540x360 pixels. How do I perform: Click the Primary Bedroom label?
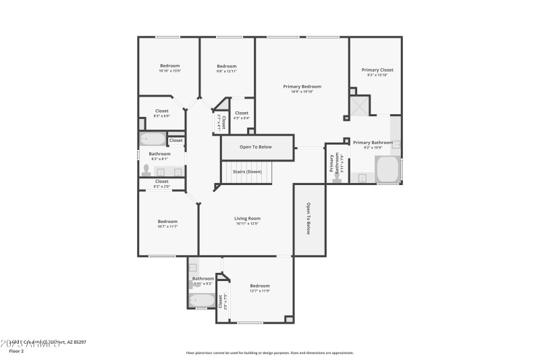[302, 86]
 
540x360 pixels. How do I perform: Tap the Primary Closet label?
[377, 70]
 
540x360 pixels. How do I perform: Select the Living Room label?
[247, 218]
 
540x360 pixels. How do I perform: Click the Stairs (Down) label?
[247, 172]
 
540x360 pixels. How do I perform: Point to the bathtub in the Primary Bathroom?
[388, 170]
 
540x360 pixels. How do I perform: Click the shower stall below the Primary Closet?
[359, 107]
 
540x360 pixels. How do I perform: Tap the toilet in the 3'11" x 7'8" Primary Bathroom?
[335, 178]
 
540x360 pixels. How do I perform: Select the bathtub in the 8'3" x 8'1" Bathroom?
[152, 140]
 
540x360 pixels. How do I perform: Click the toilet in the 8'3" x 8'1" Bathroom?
[146, 171]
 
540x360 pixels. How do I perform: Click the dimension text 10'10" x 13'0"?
[169, 71]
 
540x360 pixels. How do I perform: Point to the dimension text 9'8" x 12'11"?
[226, 71]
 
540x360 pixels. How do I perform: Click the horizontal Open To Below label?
[256, 147]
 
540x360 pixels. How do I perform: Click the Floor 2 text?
[16, 351]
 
